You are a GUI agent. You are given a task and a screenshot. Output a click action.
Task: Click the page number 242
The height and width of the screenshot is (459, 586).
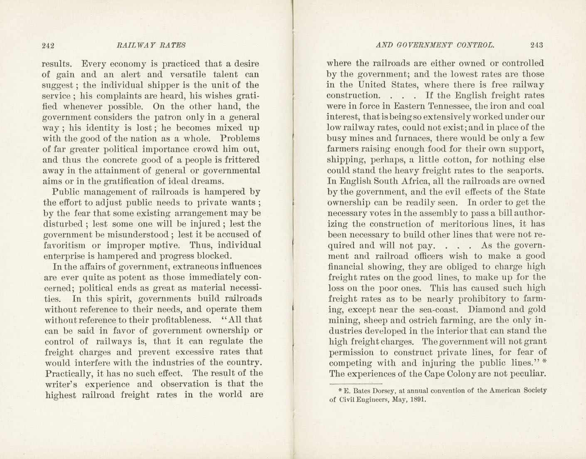click(48, 46)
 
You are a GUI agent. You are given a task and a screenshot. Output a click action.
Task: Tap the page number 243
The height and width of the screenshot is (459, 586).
click(537, 45)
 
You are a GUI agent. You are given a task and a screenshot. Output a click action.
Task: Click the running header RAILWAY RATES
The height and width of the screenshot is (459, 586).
click(151, 46)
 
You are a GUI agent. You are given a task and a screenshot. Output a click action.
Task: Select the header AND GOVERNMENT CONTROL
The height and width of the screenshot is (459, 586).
click(435, 45)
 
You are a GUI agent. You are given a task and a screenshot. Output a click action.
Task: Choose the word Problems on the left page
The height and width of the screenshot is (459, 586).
click(240, 139)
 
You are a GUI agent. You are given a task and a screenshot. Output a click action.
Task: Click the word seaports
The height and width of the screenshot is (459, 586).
click(526, 170)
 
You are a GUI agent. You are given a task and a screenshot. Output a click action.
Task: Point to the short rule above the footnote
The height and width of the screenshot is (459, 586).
click(356, 383)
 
